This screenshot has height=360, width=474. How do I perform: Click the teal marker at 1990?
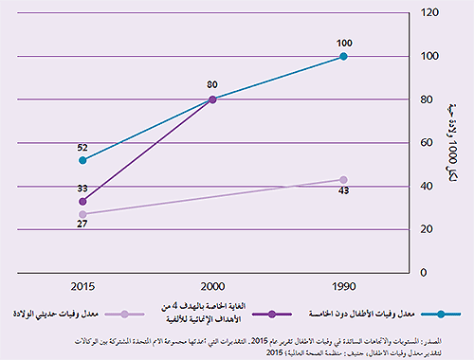point(343,57)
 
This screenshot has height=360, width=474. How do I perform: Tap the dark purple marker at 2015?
point(83,201)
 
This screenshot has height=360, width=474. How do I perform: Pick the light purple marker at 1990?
point(343,180)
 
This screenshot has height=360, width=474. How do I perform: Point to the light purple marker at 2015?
point(83,214)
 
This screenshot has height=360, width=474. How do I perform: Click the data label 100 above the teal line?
point(343,42)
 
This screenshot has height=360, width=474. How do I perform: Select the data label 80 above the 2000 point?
point(212,84)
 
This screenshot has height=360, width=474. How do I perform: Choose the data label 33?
point(83,189)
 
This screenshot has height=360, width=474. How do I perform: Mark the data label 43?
point(343,193)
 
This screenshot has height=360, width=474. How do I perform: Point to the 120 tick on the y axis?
point(429,12)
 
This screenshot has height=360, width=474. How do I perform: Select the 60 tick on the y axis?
point(428,143)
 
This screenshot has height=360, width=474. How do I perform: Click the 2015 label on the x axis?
point(83,285)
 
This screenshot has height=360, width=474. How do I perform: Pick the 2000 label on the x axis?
point(212,285)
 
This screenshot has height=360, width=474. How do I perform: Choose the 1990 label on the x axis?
point(343,285)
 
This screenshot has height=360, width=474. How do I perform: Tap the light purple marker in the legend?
point(137,312)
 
